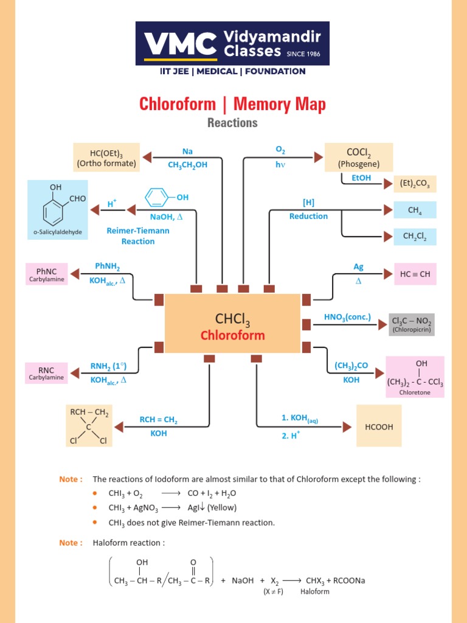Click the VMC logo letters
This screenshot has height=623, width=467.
pos(181,43)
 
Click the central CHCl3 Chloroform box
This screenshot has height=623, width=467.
pos(233,324)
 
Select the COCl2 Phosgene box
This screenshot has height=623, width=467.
pos(359,157)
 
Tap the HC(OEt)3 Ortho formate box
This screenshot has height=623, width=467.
pos(106,157)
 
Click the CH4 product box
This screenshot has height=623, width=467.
pos(415,211)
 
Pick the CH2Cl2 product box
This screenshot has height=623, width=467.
pos(415,236)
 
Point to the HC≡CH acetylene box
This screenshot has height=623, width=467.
pos(415,274)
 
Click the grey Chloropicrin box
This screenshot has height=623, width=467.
pos(412,324)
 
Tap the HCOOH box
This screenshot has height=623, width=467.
pos(379,427)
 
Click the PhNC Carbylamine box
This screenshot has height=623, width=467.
pos(46,274)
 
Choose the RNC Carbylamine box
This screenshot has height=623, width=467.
pos(46,373)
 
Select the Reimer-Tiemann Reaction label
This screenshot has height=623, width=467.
pos(138,236)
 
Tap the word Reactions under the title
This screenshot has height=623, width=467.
pos(232,123)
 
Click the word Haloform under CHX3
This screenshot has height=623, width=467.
pos(314,592)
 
